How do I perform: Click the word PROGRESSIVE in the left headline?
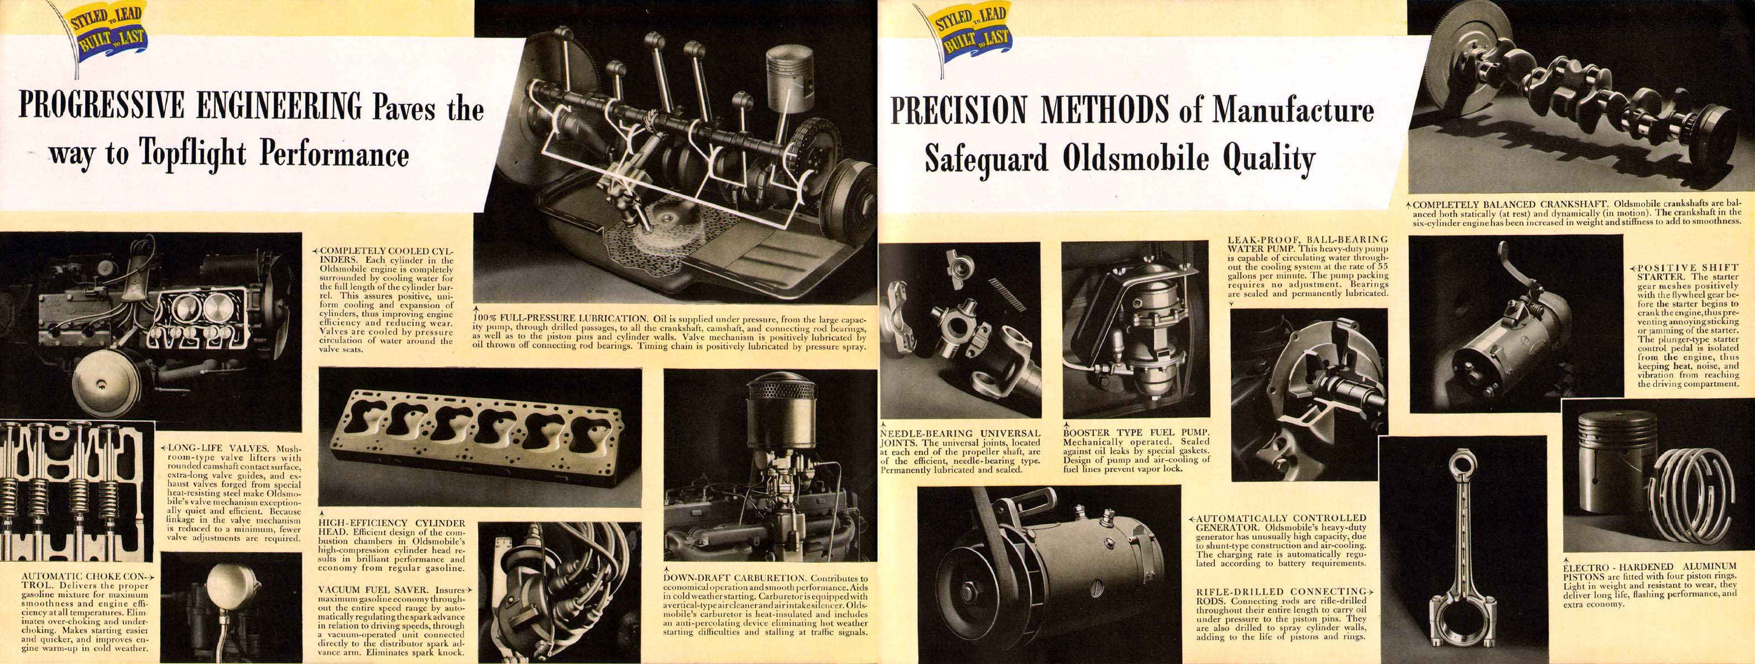(101, 106)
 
